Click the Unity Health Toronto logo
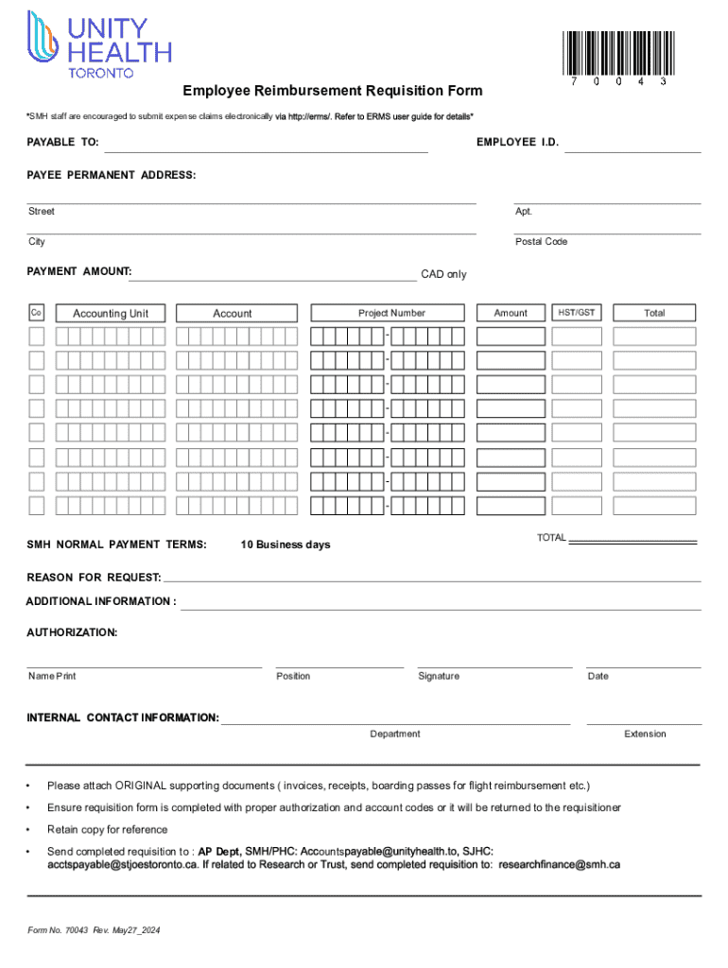point(99,43)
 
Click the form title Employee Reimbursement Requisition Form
point(333,91)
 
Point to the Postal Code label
point(541,242)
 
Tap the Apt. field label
point(524,212)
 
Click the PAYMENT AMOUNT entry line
point(274,276)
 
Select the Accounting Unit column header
point(112,314)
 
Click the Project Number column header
point(391,313)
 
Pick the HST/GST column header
point(577,312)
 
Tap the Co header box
point(36,313)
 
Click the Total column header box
point(654,313)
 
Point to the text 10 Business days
point(286,545)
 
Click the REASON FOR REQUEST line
point(431,579)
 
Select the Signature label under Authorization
point(439,676)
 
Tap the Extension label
point(645,735)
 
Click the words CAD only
point(443,275)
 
